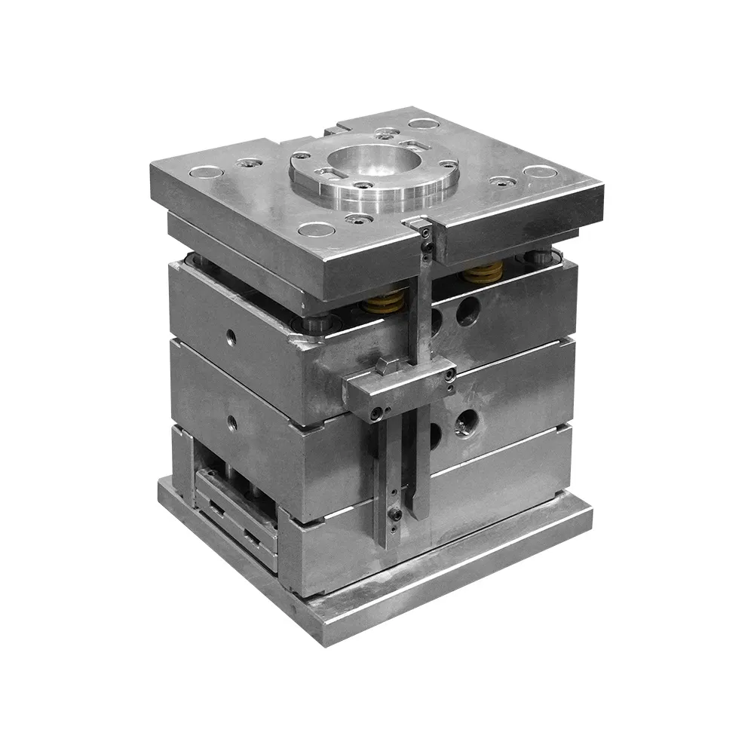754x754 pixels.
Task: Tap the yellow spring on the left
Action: (x=384, y=301)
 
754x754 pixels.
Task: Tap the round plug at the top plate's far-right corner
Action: (x=540, y=171)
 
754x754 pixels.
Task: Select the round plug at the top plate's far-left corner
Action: (x=201, y=174)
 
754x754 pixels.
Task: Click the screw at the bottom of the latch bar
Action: (x=394, y=516)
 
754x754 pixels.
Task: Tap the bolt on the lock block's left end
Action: (x=375, y=412)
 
